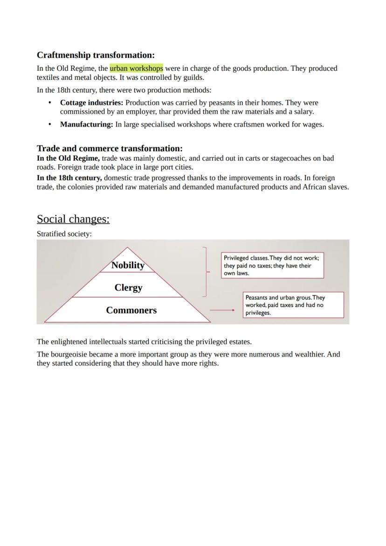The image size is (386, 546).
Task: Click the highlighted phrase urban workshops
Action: point(136,69)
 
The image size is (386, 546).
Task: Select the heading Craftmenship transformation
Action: point(96,55)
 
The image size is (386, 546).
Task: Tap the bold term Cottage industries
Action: point(91,103)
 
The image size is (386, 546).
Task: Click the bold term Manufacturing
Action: point(86,124)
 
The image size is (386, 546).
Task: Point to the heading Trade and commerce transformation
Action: point(110,148)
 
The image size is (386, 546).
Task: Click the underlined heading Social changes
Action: point(73,219)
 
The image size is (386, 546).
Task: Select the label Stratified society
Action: point(64,234)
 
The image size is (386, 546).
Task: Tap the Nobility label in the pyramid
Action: point(128,265)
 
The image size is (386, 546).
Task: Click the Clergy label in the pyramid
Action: point(128,288)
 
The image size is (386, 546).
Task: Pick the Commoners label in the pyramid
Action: point(131,310)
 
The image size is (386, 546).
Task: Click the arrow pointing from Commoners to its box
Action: point(222,310)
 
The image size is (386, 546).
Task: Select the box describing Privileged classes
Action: point(272,265)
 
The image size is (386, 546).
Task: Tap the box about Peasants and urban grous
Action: point(293,305)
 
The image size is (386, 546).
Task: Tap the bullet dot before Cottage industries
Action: point(50,103)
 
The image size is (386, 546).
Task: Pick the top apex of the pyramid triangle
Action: point(127,247)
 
